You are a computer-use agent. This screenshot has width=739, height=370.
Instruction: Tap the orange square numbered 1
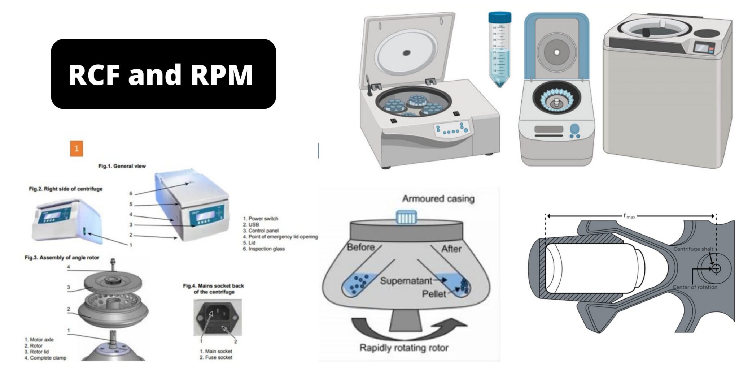pyautogui.click(x=76, y=149)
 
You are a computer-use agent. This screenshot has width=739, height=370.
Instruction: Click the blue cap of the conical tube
pyautogui.click(x=499, y=17)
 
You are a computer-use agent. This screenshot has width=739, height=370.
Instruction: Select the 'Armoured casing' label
pyautogui.click(x=438, y=198)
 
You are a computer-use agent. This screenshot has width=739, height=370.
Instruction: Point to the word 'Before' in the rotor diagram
pyautogui.click(x=360, y=248)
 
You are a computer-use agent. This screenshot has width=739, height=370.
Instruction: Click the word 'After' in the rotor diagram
pyautogui.click(x=451, y=249)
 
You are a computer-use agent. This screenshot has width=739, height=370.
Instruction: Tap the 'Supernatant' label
pyautogui.click(x=406, y=281)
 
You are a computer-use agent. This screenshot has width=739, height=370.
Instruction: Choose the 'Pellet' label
pyautogui.click(x=434, y=294)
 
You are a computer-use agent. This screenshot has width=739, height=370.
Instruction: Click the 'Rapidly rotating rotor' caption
pyautogui.click(x=404, y=348)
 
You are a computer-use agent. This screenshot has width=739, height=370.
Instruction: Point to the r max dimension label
pyautogui.click(x=629, y=216)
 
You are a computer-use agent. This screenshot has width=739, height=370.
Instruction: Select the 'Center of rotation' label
pyautogui.click(x=695, y=287)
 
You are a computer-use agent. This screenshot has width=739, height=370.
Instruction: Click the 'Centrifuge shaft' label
pyautogui.click(x=693, y=249)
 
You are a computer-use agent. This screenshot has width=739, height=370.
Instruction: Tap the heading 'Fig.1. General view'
pyautogui.click(x=122, y=166)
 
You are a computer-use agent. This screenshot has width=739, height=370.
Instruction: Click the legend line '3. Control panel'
pyautogui.click(x=261, y=231)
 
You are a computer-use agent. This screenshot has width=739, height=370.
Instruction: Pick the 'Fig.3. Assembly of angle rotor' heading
pyautogui.click(x=62, y=258)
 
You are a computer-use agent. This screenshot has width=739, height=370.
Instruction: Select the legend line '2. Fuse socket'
pyautogui.click(x=216, y=357)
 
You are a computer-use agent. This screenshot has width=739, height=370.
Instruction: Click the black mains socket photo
pyautogui.click(x=217, y=318)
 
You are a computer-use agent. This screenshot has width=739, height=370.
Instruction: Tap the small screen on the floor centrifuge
pyautogui.click(x=701, y=47)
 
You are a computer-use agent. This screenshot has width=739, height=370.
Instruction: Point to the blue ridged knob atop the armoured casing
pyautogui.click(x=406, y=217)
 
